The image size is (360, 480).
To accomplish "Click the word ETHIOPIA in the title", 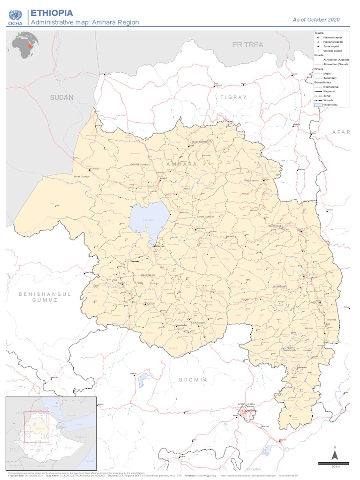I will coord(52,13).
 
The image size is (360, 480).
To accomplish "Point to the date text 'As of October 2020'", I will coord(316,20).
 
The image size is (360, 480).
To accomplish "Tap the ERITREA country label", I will coord(248,45).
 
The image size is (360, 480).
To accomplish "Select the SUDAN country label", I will coord(62,97).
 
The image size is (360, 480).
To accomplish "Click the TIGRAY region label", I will coord(233,97).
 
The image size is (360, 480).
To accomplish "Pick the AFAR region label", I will coord(341,132).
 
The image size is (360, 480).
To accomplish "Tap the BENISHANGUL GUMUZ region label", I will coord(45,297).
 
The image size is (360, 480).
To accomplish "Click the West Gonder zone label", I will coord(82,176).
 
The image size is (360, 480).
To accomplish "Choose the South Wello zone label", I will coord(280,286).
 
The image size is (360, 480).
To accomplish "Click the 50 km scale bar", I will coord(334,464).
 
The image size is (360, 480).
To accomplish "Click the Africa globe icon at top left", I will coord(22,45).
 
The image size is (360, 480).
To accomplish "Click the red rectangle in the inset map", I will coord(37,427).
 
